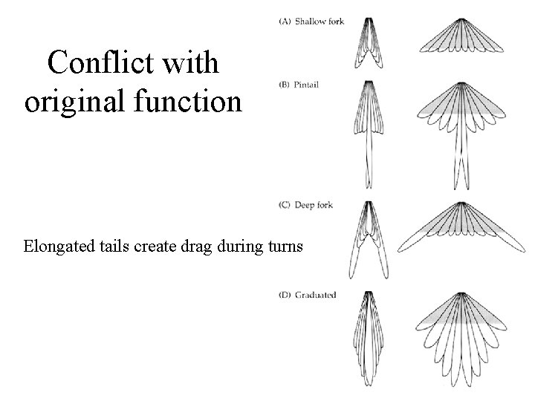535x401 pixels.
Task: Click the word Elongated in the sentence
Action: [56, 246]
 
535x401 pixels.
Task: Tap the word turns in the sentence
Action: [282, 246]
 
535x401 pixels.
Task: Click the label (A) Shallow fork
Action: [311, 22]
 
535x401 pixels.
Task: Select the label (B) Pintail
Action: [299, 85]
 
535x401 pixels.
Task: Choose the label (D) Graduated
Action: [308, 295]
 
